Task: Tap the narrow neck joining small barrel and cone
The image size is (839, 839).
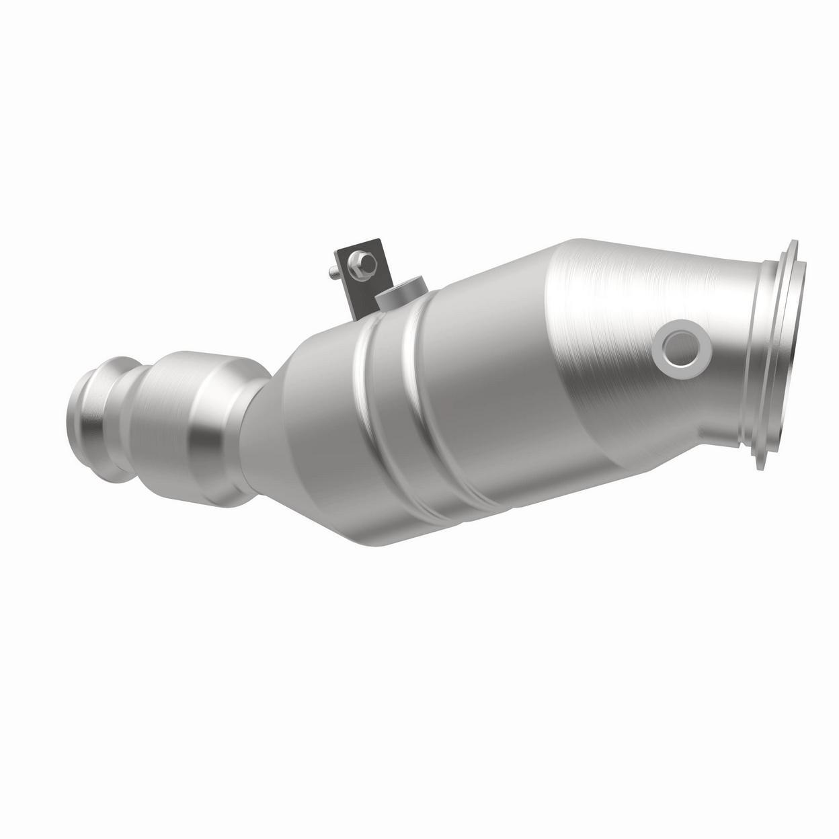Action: (259, 417)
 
